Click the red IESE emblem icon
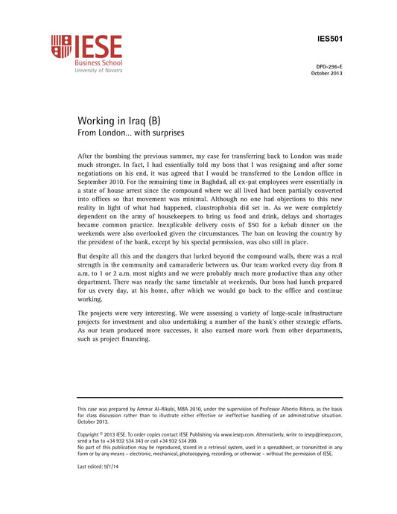pyautogui.click(x=61, y=48)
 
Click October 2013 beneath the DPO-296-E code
pyautogui.click(x=326, y=73)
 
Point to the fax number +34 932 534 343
pyautogui.click(x=130, y=440)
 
